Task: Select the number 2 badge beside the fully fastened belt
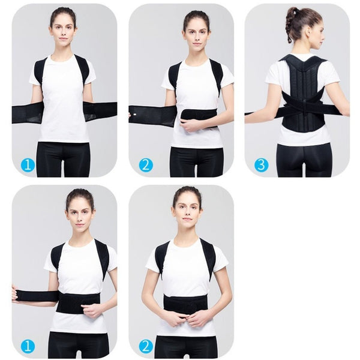pyautogui.click(x=146, y=346)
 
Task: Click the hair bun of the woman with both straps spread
pyautogui.click(x=63, y=11)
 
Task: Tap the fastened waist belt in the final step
pyautogui.click(x=186, y=303)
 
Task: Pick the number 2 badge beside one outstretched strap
pyautogui.click(x=146, y=164)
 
